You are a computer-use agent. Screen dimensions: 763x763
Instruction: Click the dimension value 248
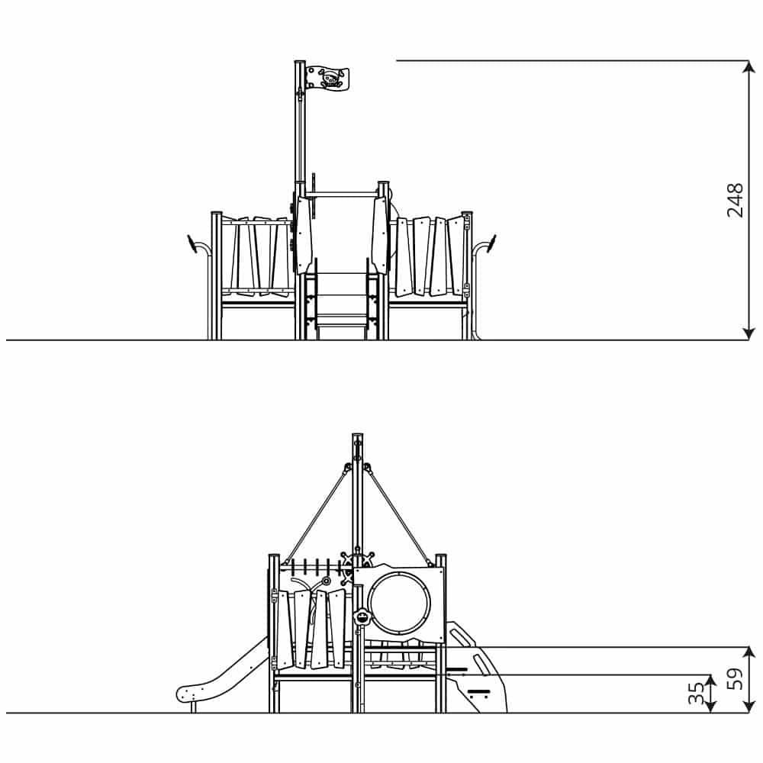[x=735, y=200]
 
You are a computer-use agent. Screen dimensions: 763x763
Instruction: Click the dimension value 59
[x=735, y=679]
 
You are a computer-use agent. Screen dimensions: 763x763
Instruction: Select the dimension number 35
[x=697, y=694]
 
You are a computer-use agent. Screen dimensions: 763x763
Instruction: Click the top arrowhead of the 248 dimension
[x=749, y=66]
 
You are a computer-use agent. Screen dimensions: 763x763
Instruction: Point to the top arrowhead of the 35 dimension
[x=711, y=679]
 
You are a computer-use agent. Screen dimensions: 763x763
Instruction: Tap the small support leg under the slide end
[x=194, y=707]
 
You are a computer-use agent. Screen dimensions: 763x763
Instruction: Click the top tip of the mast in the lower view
[x=356, y=436]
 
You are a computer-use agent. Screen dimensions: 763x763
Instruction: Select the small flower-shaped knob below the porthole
[x=362, y=617]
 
